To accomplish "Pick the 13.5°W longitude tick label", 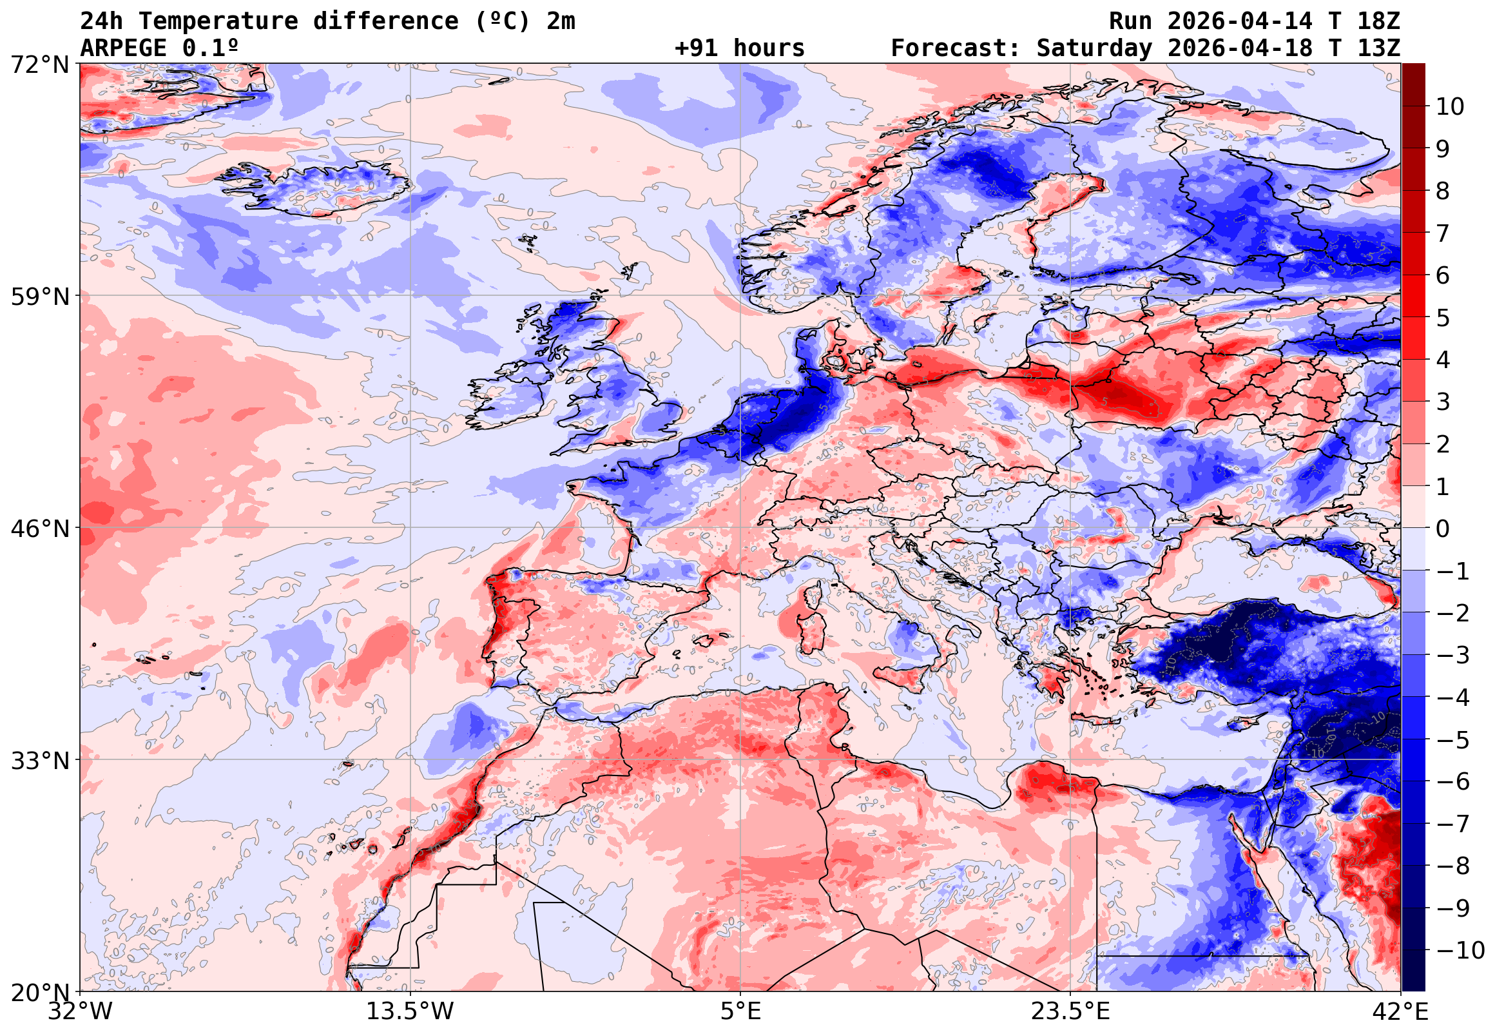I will coord(410,1011).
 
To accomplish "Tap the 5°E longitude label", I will coord(740,1011).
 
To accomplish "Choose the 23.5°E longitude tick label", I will coord(1071,1011).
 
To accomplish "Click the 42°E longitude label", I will coord(1401,1011).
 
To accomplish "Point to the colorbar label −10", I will coord(1460,950).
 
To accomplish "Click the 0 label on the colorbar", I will coord(1443,529).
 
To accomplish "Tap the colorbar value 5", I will coord(1443,318).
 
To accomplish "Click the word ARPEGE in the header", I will coord(123,48).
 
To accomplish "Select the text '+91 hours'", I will coord(739,48).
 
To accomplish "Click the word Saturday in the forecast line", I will coord(1094,48).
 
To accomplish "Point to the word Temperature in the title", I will coord(218,21).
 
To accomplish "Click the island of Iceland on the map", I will coord(317,188).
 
